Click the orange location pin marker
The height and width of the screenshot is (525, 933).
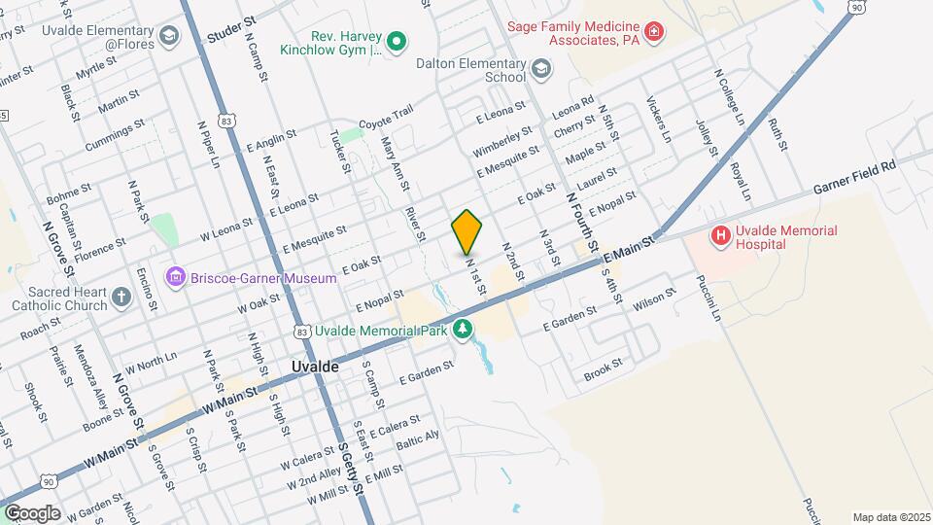[466, 231]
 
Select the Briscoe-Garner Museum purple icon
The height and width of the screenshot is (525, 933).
[175, 278]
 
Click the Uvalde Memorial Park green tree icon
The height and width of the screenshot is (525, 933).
[464, 331]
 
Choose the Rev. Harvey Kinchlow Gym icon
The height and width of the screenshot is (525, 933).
[396, 41]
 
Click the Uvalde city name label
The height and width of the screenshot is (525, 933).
[315, 367]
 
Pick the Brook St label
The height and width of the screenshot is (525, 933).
[603, 372]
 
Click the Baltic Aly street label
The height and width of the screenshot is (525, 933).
[419, 440]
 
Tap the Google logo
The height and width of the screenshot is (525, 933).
[31, 512]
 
